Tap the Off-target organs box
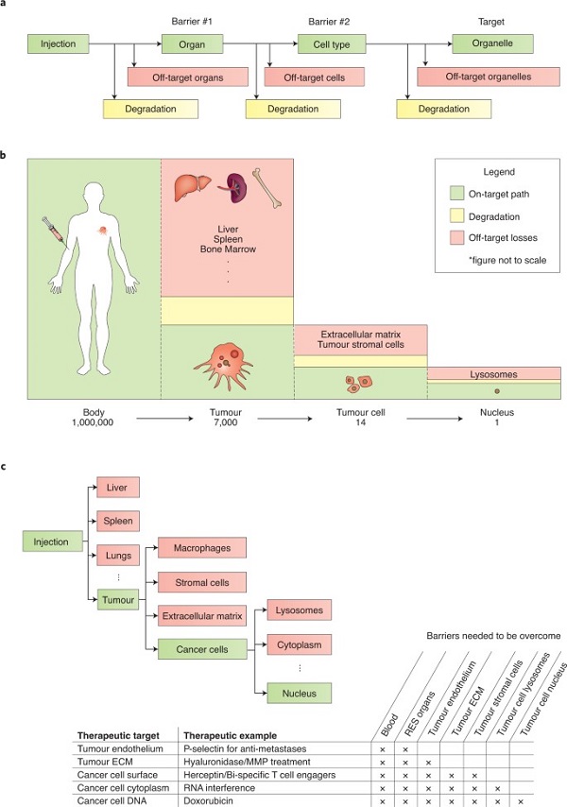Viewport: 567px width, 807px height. tap(186, 76)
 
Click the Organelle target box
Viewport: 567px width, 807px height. tap(492, 43)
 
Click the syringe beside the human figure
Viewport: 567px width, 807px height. tap(50, 228)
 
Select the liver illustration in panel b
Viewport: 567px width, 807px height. tap(188, 190)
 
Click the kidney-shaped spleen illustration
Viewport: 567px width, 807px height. tap(229, 187)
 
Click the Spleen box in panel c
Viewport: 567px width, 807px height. tap(118, 520)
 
